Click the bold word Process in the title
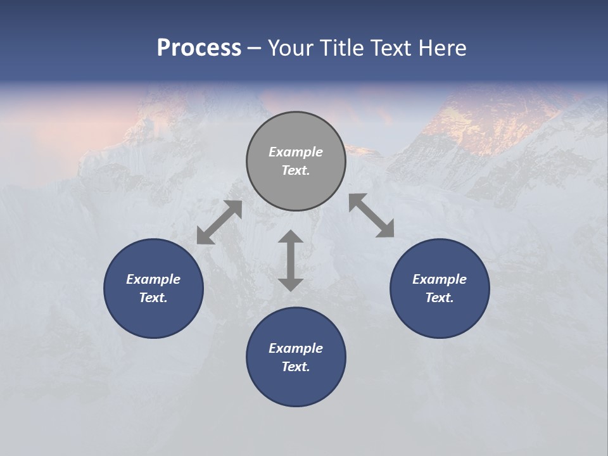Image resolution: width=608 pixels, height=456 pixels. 199,48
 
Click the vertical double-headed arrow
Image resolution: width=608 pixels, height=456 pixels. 291,260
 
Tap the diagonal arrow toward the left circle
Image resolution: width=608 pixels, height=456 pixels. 219,222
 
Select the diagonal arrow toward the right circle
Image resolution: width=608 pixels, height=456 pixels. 372,215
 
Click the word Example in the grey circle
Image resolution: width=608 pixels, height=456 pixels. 296,152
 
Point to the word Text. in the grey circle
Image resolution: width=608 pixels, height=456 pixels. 296,170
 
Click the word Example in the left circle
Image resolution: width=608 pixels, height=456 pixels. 153,279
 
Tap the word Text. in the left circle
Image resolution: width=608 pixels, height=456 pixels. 153,298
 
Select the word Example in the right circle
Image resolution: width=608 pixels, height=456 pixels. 440,279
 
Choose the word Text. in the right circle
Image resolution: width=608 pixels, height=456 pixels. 440,298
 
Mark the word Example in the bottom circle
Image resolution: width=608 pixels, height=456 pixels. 296,348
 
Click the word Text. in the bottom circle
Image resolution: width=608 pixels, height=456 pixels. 296,367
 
